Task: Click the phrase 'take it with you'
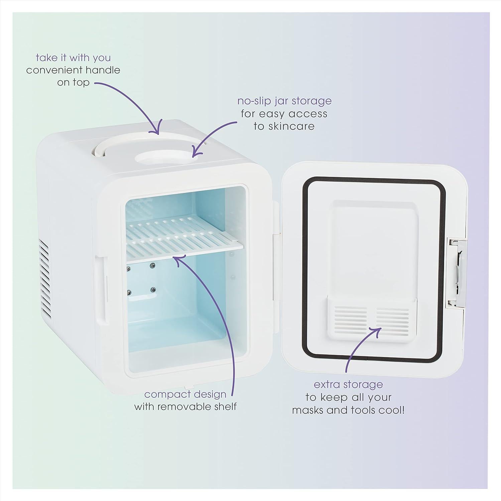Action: pyautogui.click(x=73, y=58)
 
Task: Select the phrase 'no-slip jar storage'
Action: pyautogui.click(x=284, y=101)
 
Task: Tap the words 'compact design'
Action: pyautogui.click(x=185, y=394)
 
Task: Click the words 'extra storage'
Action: pyautogui.click(x=348, y=384)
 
